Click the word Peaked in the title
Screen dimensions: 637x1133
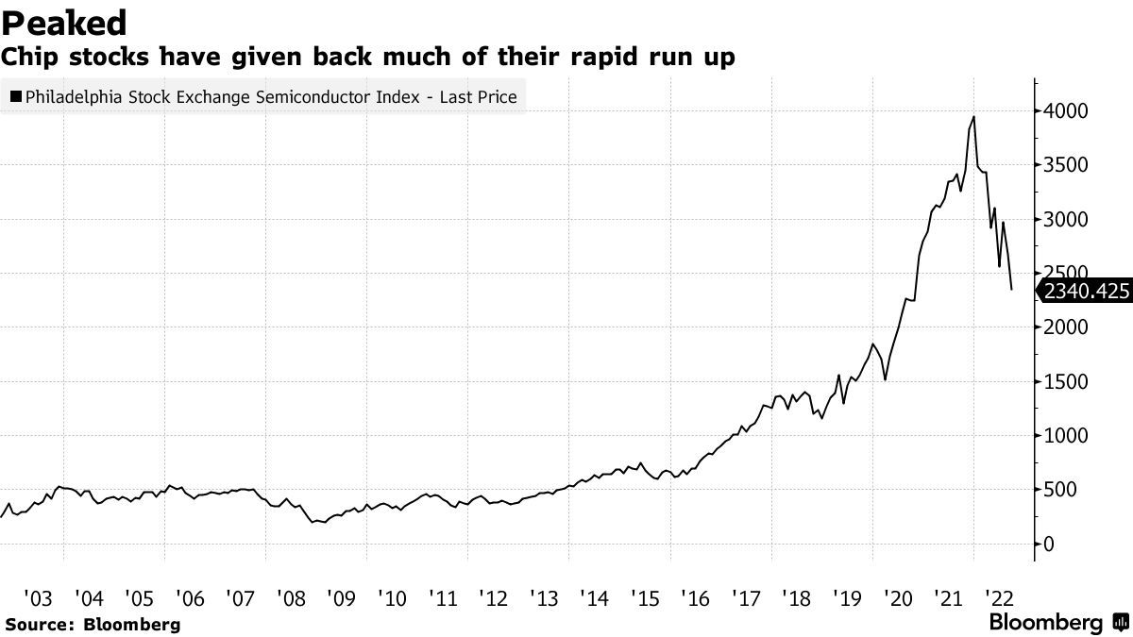point(65,21)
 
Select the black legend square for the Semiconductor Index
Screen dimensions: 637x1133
point(16,96)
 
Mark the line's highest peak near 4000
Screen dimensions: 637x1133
point(973,117)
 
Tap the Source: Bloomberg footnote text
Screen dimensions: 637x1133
point(92,624)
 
